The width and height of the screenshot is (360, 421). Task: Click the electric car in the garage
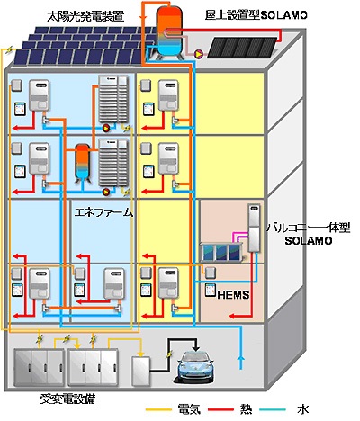coord(194,367)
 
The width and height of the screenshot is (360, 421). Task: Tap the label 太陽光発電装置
coord(85,17)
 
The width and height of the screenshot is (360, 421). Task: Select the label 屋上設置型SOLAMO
coord(256,15)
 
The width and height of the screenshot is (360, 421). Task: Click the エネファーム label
coord(103,212)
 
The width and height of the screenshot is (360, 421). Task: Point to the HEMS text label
coord(233,295)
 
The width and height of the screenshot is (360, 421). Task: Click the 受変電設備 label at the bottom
coord(68,399)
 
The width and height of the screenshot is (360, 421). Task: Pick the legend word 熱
coord(246,409)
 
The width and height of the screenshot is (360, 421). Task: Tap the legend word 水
coord(302,409)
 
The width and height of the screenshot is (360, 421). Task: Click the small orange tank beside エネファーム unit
coord(82,162)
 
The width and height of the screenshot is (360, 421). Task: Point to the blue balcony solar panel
coord(222,253)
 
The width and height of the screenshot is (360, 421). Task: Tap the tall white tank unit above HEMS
coord(255,228)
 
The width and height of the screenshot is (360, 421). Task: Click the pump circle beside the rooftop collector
coord(199,54)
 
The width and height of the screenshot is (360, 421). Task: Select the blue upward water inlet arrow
coord(240,363)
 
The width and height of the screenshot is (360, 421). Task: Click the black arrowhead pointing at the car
coord(196,348)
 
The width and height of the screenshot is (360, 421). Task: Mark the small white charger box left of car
coord(141,371)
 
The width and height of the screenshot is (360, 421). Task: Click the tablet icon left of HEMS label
coord(211,291)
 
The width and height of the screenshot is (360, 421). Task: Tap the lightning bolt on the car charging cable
coord(169,354)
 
